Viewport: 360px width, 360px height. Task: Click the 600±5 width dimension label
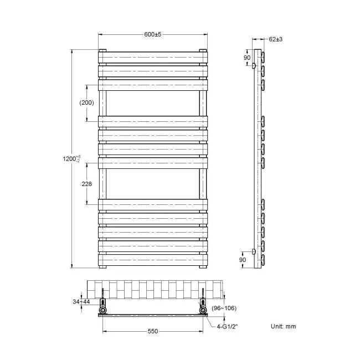tap(152, 34)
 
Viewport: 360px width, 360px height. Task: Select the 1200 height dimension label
tap(73, 159)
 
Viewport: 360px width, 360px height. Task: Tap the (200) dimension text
tap(86, 102)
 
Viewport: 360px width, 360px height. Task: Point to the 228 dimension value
tap(86, 184)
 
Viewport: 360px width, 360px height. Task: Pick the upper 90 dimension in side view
tap(248, 58)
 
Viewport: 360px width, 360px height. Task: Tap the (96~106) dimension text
tap(224, 308)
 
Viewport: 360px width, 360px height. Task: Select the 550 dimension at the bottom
tap(152, 331)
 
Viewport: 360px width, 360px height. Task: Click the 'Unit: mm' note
tap(284, 327)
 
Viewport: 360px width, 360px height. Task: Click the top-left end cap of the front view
tap(102, 52)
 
